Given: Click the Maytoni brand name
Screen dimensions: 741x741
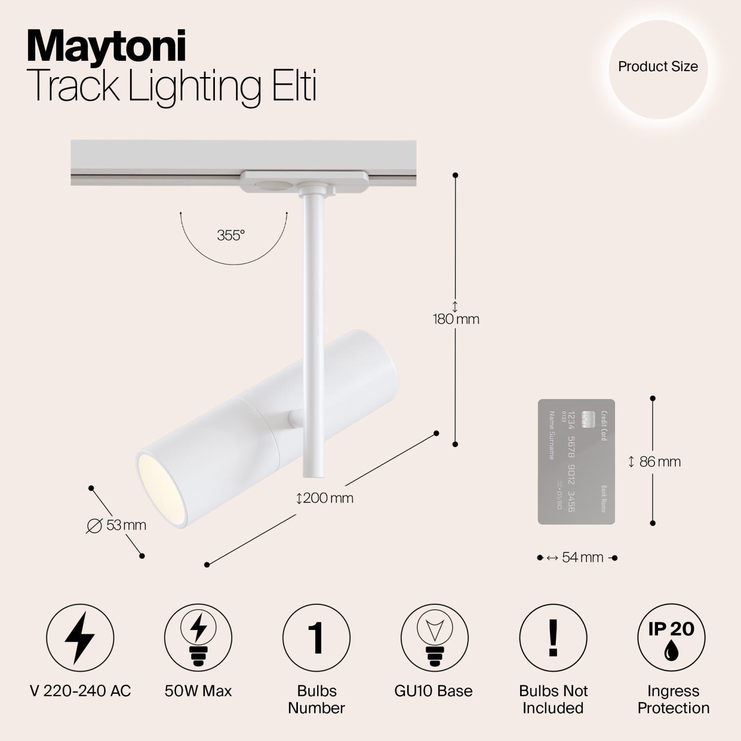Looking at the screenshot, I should pyautogui.click(x=106, y=46).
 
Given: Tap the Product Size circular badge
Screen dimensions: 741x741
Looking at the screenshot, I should pyautogui.click(x=658, y=67).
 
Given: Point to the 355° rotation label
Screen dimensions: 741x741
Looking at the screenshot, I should pyautogui.click(x=231, y=236).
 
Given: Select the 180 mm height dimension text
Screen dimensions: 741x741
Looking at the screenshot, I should pyautogui.click(x=456, y=319).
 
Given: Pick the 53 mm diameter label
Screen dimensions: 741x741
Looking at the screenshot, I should pyautogui.click(x=117, y=525).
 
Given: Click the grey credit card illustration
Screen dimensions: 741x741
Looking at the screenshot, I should pyautogui.click(x=576, y=461).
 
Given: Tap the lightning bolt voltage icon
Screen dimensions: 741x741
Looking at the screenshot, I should pyautogui.click(x=80, y=637).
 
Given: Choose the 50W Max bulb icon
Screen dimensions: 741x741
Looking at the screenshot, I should pyautogui.click(x=198, y=637).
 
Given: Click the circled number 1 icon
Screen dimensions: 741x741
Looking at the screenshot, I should pyautogui.click(x=316, y=637).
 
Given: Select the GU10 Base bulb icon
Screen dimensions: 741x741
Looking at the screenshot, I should pyautogui.click(x=434, y=637).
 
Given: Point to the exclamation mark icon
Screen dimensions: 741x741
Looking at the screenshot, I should pyautogui.click(x=553, y=637).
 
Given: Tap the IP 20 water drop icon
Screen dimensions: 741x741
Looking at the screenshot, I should pyautogui.click(x=671, y=637).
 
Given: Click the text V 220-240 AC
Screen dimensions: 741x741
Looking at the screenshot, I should pyautogui.click(x=81, y=691).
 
